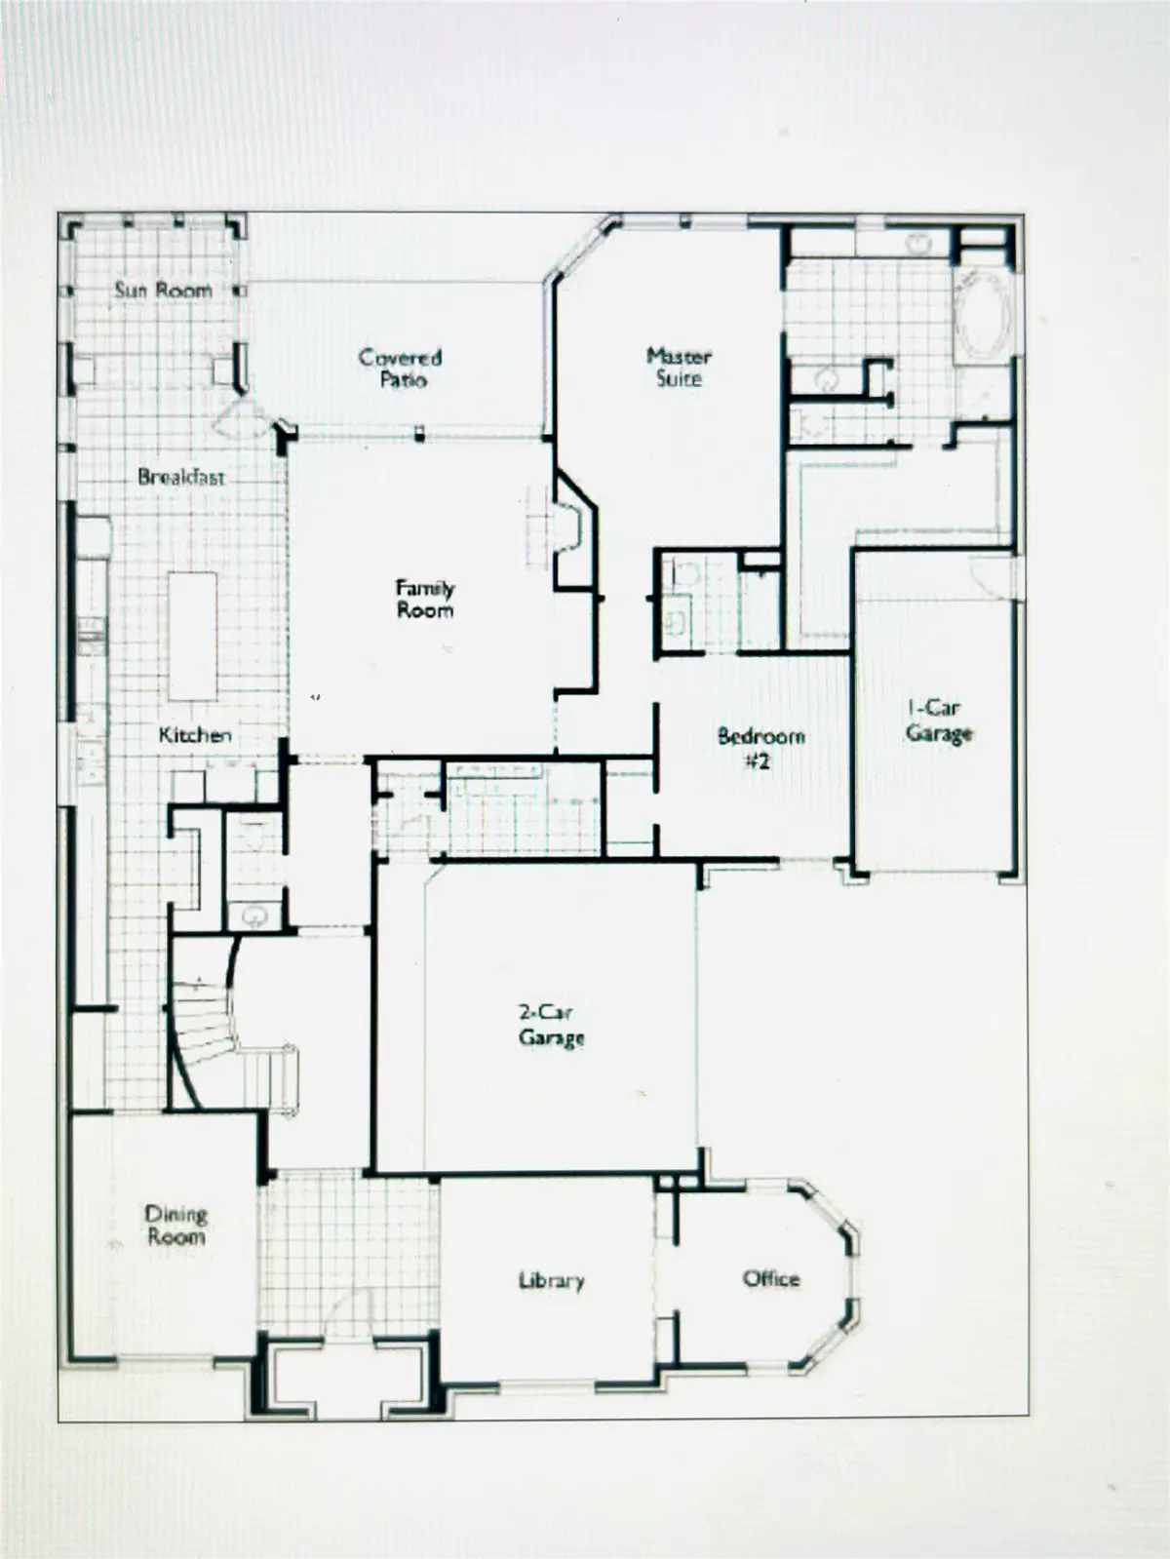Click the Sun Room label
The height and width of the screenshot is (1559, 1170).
163,290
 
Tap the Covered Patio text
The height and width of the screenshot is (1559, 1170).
400,368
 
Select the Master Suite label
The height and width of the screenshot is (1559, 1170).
679,367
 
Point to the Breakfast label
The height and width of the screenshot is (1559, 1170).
181,477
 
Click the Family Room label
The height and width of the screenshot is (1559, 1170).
424,599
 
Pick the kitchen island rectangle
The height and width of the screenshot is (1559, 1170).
192,636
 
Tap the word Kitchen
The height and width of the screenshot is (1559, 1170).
195,735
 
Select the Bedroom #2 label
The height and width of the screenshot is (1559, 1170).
760,748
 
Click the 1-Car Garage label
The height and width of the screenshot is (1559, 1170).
938,721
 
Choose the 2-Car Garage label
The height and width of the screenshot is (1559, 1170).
551,1025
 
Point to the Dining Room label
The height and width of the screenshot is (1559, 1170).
175,1225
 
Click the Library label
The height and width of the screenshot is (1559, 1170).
551,1280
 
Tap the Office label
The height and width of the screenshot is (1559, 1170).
771,1278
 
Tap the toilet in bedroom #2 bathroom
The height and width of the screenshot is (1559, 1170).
686,574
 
